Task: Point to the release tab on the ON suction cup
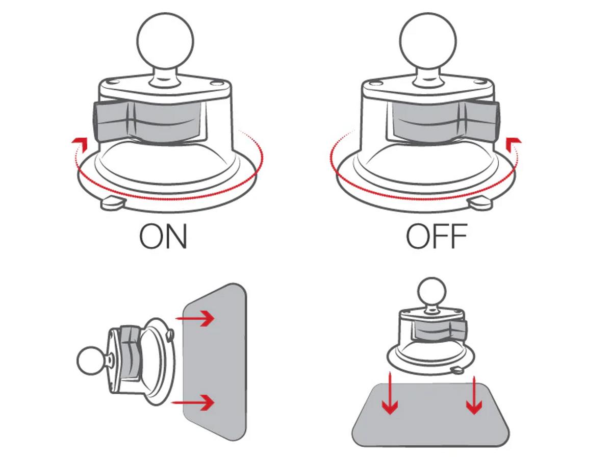click(x=113, y=203)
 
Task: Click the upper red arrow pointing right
click(x=195, y=319)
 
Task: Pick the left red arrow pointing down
click(x=390, y=394)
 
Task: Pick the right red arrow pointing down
click(x=474, y=395)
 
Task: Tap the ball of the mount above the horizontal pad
click(x=431, y=292)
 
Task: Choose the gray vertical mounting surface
click(x=215, y=362)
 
